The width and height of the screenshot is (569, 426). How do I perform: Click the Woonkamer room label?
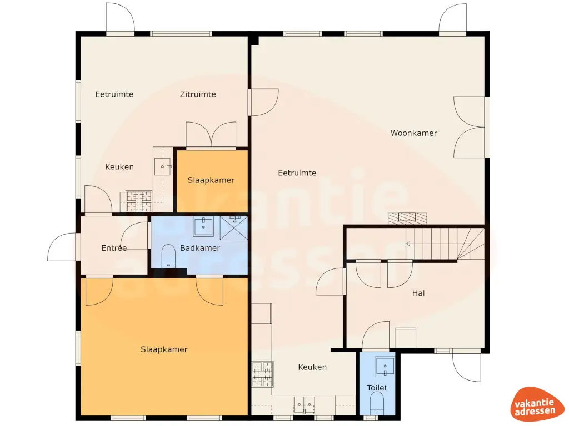coord(413,133)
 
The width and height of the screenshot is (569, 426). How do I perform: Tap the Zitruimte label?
coord(198,94)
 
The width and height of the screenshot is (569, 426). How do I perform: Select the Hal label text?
coord(418,293)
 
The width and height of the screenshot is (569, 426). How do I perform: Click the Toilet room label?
coord(377,388)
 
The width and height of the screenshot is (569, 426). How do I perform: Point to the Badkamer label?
coord(200,248)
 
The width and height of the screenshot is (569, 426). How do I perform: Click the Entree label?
coord(114,248)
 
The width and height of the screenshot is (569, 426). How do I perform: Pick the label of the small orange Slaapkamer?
coord(211,180)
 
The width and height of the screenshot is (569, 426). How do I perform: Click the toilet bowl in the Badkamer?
coord(168,257)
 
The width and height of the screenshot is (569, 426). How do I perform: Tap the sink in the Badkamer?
coord(204,226)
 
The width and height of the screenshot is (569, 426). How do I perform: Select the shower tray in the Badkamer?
coord(233,226)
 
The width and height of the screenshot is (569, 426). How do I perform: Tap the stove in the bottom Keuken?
coord(263,374)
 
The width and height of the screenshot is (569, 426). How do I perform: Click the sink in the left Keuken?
coord(163,165)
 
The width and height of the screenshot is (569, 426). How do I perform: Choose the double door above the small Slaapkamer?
coord(211,135)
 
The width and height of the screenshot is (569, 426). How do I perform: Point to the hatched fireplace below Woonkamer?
coord(407,218)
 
